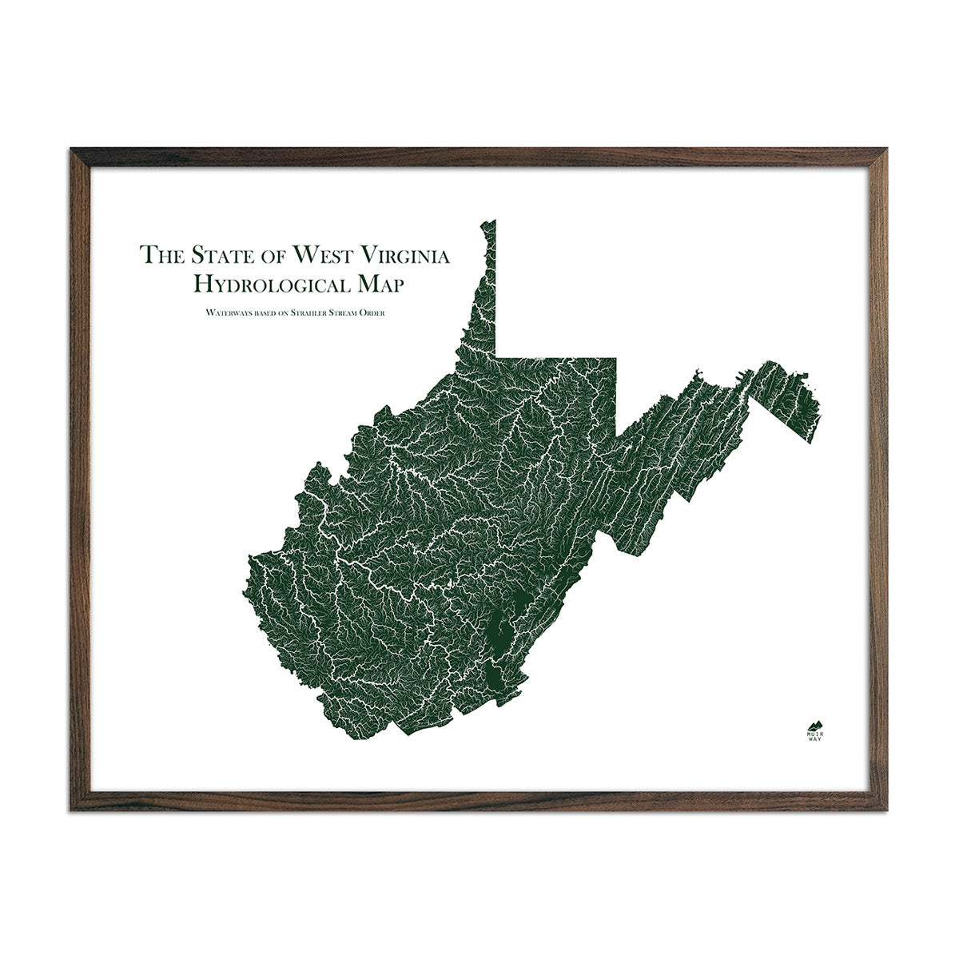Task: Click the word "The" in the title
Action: click(x=160, y=255)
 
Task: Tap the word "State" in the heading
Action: click(x=215, y=255)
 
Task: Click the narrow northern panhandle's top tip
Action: click(x=494, y=223)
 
